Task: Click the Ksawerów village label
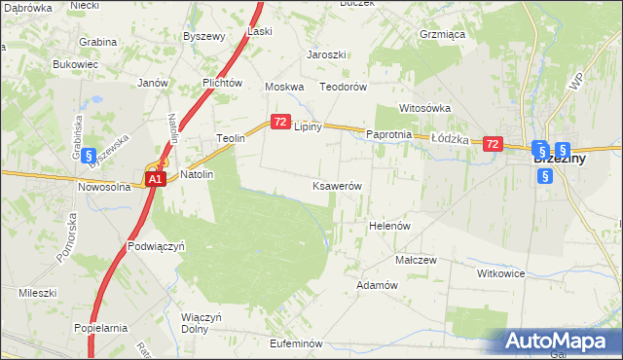(337, 185)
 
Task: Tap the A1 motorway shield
(155, 180)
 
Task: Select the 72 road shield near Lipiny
(280, 122)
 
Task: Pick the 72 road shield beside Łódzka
(493, 144)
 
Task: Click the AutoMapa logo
(561, 341)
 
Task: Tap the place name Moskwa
(286, 87)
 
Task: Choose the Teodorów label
(343, 87)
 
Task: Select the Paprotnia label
(389, 134)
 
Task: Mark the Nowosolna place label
(104, 187)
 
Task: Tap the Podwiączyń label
(156, 246)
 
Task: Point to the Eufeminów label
(295, 343)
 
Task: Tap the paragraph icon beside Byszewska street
(88, 154)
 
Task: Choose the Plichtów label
(222, 83)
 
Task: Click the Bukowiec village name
(76, 64)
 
